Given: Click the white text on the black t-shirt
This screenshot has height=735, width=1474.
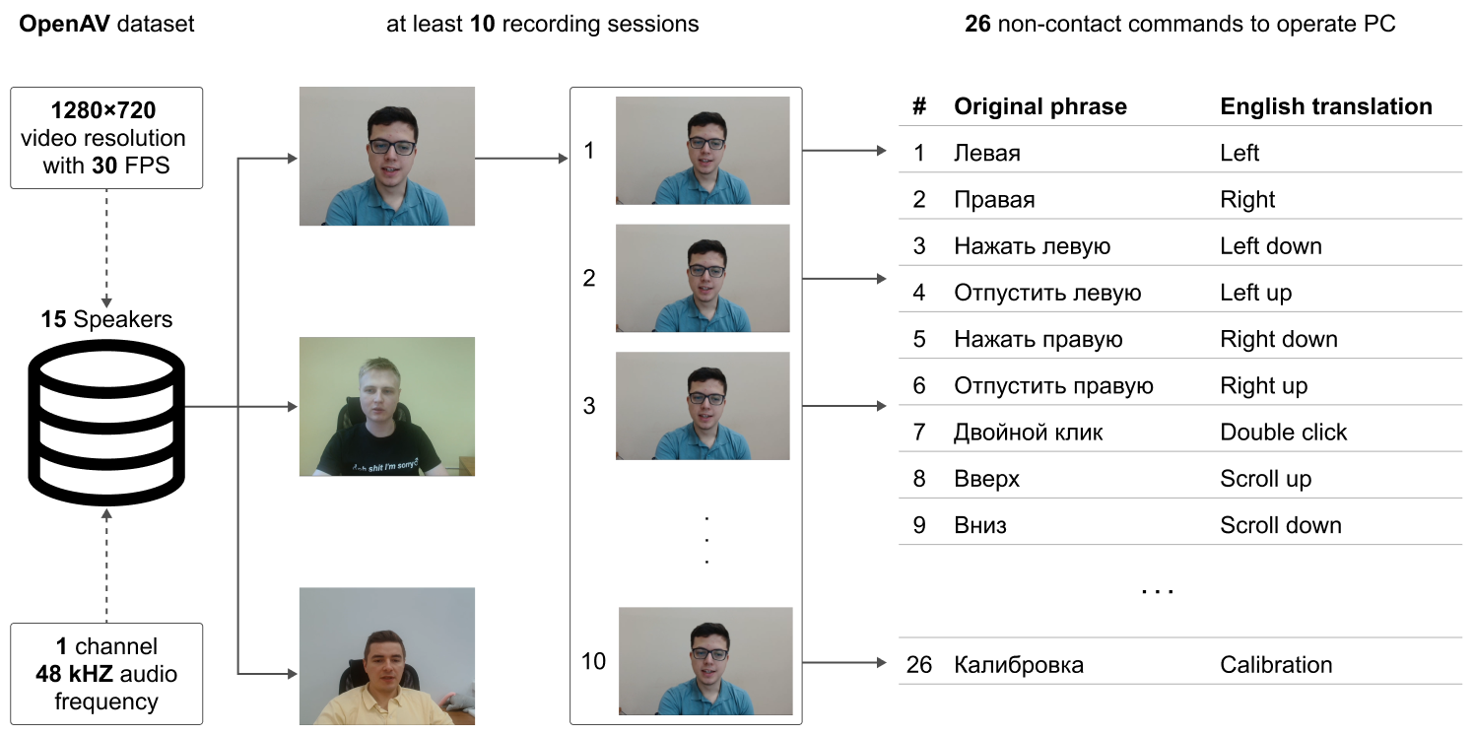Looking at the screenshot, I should click(x=384, y=464).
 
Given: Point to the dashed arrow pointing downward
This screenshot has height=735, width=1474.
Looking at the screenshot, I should click(x=106, y=247).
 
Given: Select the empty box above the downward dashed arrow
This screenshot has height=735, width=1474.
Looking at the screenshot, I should click(x=106, y=137).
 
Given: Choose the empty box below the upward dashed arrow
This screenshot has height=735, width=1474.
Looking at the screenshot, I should click(x=106, y=674).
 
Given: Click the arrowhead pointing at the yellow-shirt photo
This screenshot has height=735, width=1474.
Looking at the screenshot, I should click(x=292, y=674).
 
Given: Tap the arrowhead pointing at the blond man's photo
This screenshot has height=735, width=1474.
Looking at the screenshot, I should click(x=292, y=406).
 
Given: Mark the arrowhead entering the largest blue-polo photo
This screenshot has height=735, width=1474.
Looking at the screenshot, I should click(x=292, y=158).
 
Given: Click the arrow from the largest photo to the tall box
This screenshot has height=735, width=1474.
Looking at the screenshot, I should click(x=522, y=158).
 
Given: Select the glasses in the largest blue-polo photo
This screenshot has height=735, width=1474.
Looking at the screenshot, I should click(x=392, y=147).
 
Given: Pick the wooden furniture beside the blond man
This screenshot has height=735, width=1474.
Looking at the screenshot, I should click(x=466, y=465).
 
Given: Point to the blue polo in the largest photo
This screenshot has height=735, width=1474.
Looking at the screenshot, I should click(x=387, y=206).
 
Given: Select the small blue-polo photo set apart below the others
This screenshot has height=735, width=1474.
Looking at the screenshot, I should click(x=705, y=660).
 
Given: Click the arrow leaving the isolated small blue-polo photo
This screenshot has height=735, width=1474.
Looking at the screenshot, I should click(x=844, y=662).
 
